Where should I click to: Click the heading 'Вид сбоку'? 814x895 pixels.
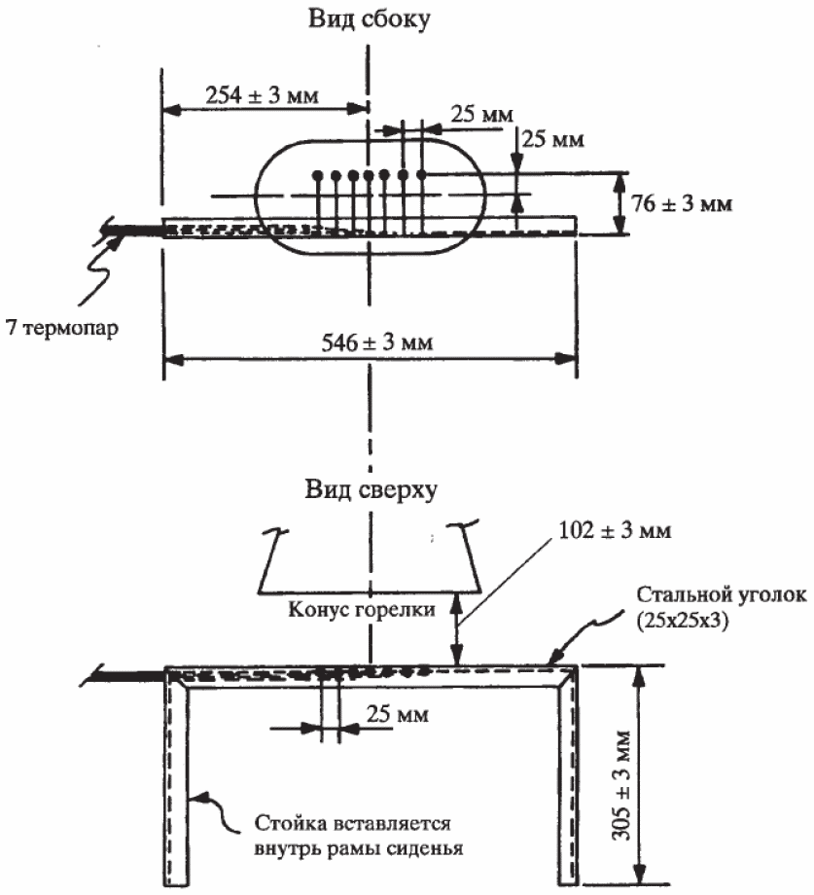[367, 20]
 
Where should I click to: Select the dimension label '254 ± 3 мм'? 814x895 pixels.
[264, 94]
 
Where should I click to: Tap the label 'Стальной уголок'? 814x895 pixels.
[721, 594]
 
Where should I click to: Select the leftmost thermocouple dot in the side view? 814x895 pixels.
[317, 176]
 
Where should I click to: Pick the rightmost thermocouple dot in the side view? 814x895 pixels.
[422, 174]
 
